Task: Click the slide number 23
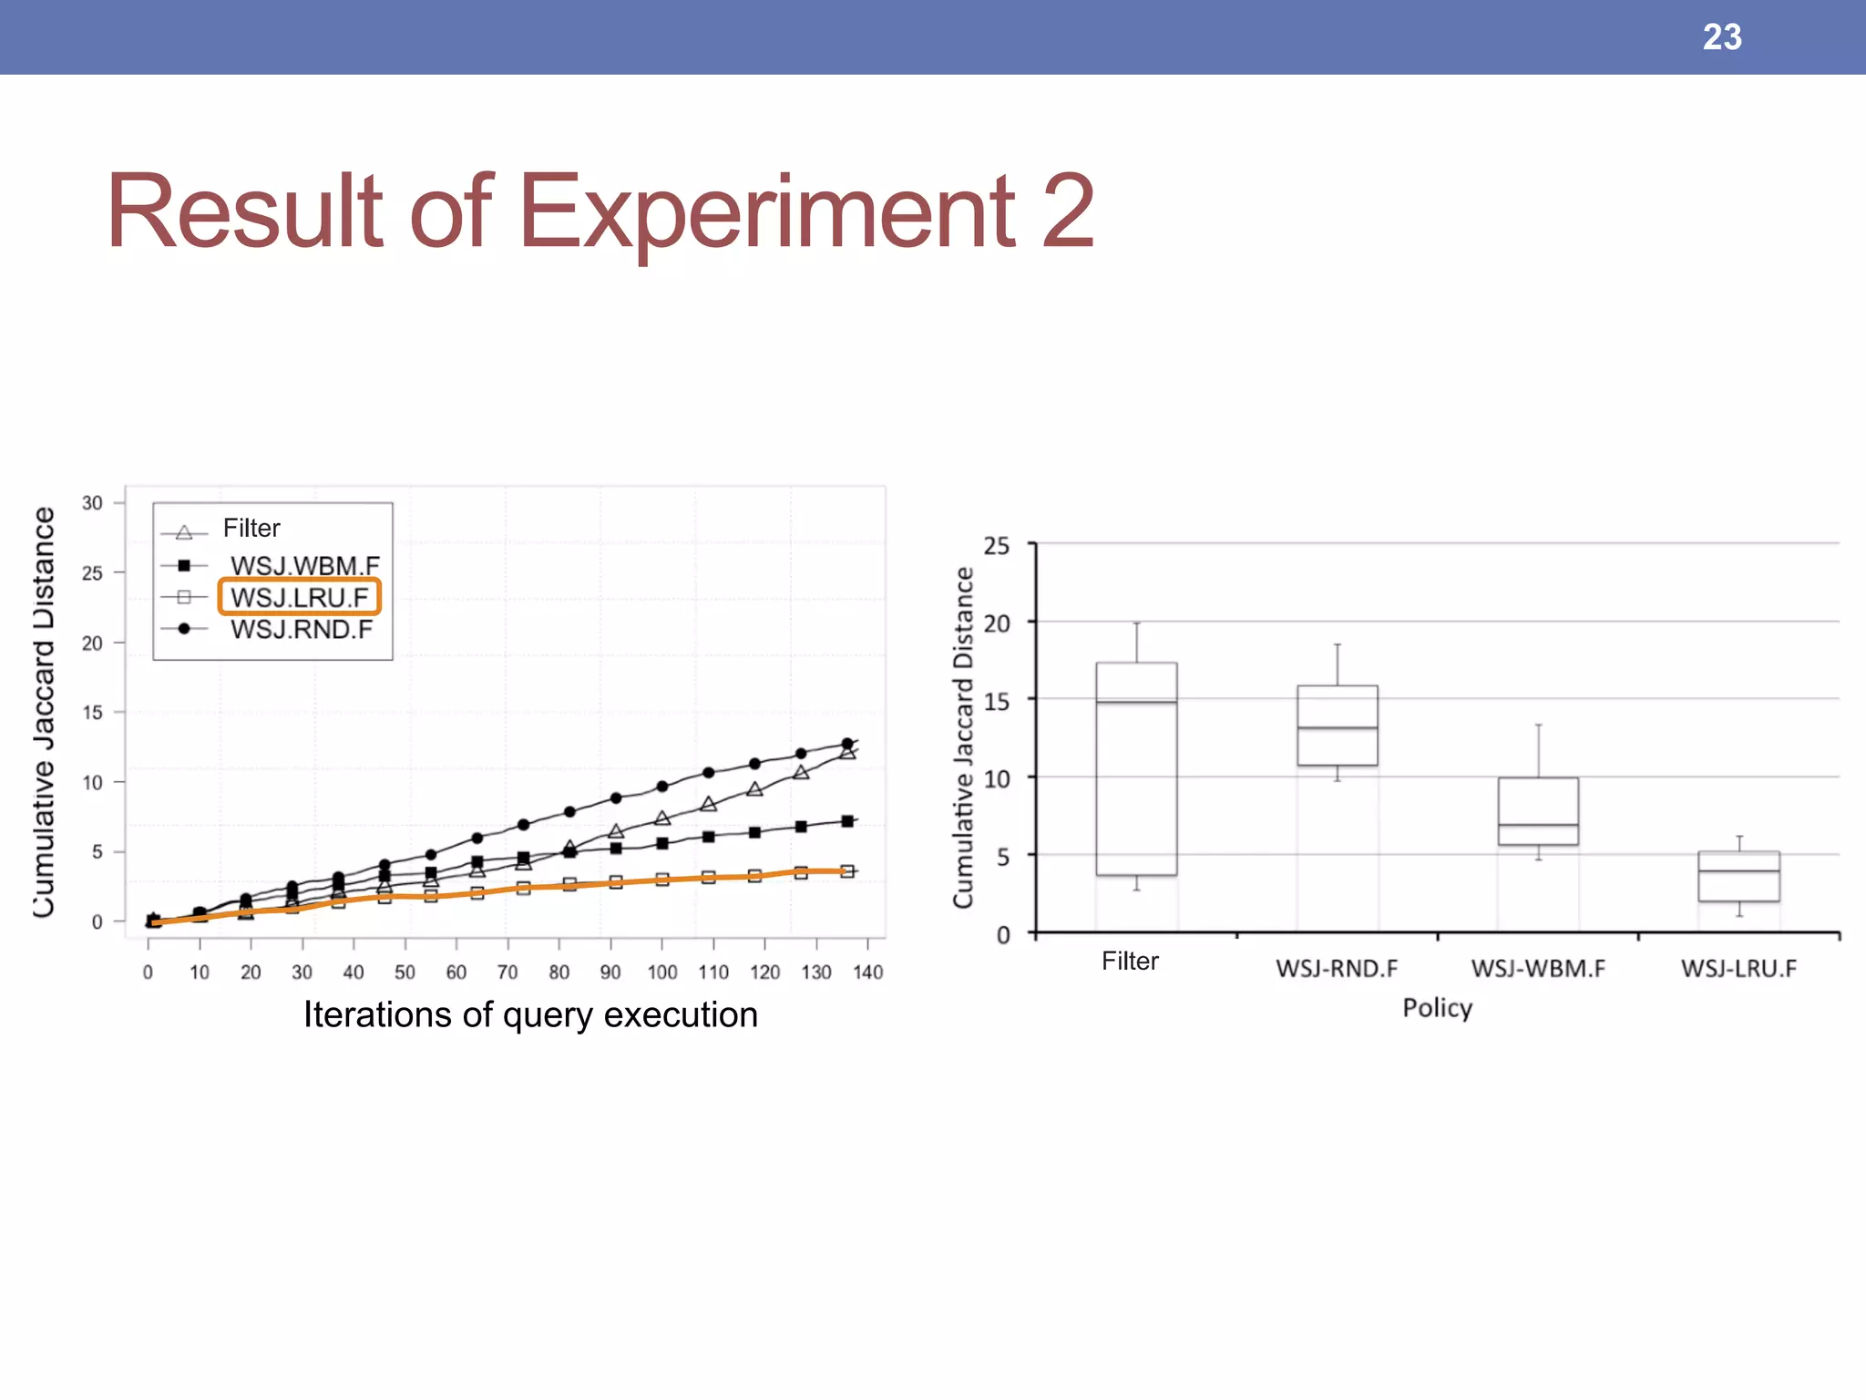click(x=1721, y=37)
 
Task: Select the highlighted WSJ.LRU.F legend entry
click(x=299, y=597)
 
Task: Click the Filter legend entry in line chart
click(x=251, y=529)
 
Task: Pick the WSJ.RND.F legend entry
click(x=301, y=629)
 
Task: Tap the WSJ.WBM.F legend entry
click(x=304, y=565)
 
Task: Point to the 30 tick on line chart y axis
click(x=92, y=503)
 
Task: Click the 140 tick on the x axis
click(x=867, y=972)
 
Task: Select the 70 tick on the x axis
click(x=508, y=972)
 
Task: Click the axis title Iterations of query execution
click(x=530, y=1014)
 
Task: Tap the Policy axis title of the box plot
click(x=1437, y=1007)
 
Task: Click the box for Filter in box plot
click(x=1136, y=768)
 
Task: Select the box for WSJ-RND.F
click(x=1337, y=725)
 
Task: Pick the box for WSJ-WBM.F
click(x=1538, y=810)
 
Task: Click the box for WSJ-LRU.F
click(x=1738, y=876)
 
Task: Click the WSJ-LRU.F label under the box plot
click(x=1738, y=968)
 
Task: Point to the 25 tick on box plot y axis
click(x=997, y=546)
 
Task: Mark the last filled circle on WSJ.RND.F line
click(x=846, y=744)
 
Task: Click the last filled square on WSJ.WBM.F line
click(x=846, y=821)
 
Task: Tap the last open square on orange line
click(x=846, y=871)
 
